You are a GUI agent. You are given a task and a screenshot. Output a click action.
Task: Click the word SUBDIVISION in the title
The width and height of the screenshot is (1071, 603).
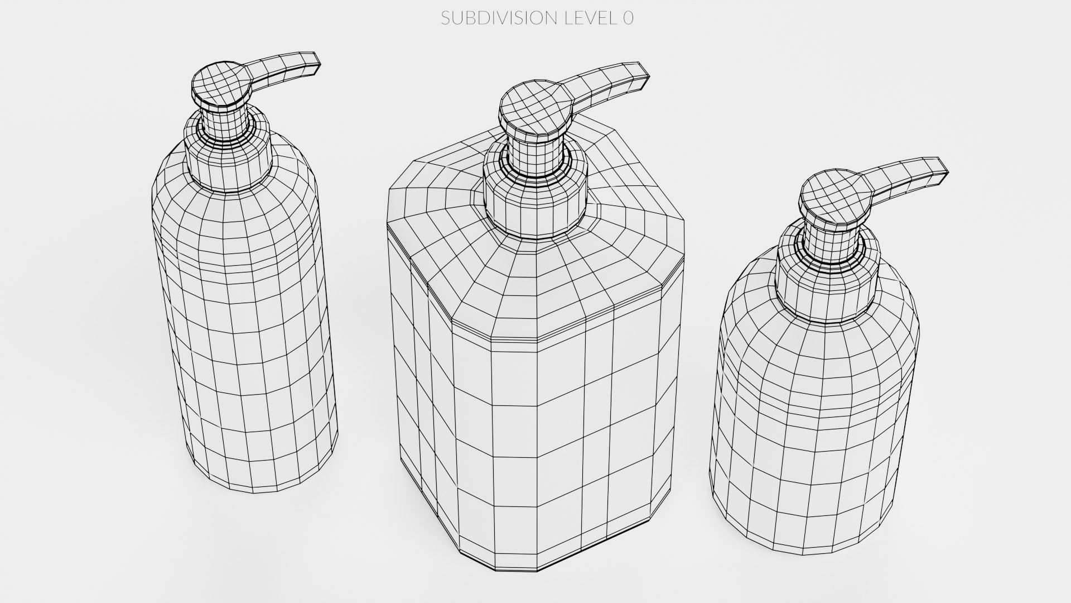498,18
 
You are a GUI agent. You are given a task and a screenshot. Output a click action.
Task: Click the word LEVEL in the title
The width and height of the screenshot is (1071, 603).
588,18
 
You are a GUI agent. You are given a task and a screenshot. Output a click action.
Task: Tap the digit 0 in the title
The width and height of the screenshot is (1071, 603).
628,18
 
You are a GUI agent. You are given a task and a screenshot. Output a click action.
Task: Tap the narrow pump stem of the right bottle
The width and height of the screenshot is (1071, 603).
828,243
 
